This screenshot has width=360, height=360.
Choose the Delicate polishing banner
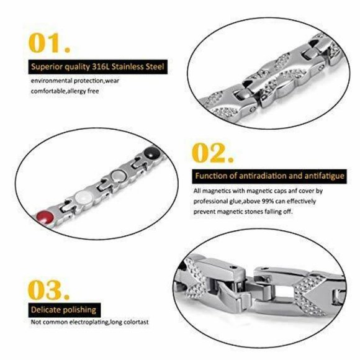pyautogui.click(x=64, y=309)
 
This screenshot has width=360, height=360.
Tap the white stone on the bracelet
pyautogui.click(x=78, y=197)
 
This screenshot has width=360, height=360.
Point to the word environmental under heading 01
pyautogui.click(x=51, y=81)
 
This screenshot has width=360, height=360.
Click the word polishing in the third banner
pyautogui.click(x=79, y=309)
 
